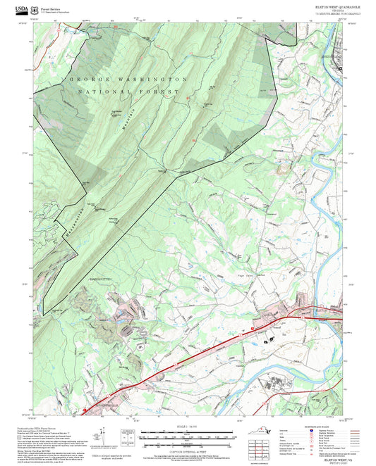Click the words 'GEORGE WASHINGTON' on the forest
click(127, 80)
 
